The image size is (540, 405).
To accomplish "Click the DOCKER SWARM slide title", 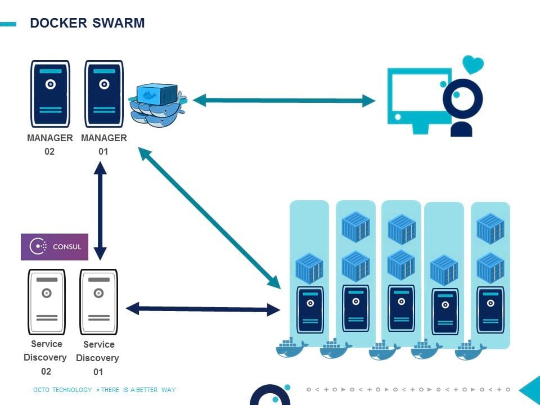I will [x=87, y=23].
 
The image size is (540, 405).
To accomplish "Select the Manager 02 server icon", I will [x=50, y=94].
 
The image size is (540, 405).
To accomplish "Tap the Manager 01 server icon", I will [x=104, y=94].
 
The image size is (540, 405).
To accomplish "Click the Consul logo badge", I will [x=55, y=246].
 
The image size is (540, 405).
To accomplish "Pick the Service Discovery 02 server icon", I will [x=47, y=301].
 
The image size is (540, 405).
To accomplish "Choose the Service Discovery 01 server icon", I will [x=98, y=301].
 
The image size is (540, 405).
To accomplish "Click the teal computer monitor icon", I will [x=419, y=98].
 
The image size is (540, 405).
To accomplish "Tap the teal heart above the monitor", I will [x=472, y=64].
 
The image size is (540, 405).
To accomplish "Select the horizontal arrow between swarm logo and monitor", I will [x=284, y=101].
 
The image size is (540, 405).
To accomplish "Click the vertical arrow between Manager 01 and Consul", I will [x=100, y=210].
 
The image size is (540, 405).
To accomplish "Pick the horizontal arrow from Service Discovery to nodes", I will [x=202, y=309].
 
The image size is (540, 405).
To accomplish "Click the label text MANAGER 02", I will [x=49, y=145].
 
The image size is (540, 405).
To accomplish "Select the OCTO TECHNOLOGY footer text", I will [x=62, y=390].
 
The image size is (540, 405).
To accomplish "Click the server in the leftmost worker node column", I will [x=310, y=309].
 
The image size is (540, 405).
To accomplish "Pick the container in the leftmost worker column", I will [x=309, y=268].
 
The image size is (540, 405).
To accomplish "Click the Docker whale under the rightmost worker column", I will [x=470, y=349].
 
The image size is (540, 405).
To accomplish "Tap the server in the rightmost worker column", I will [x=490, y=309].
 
